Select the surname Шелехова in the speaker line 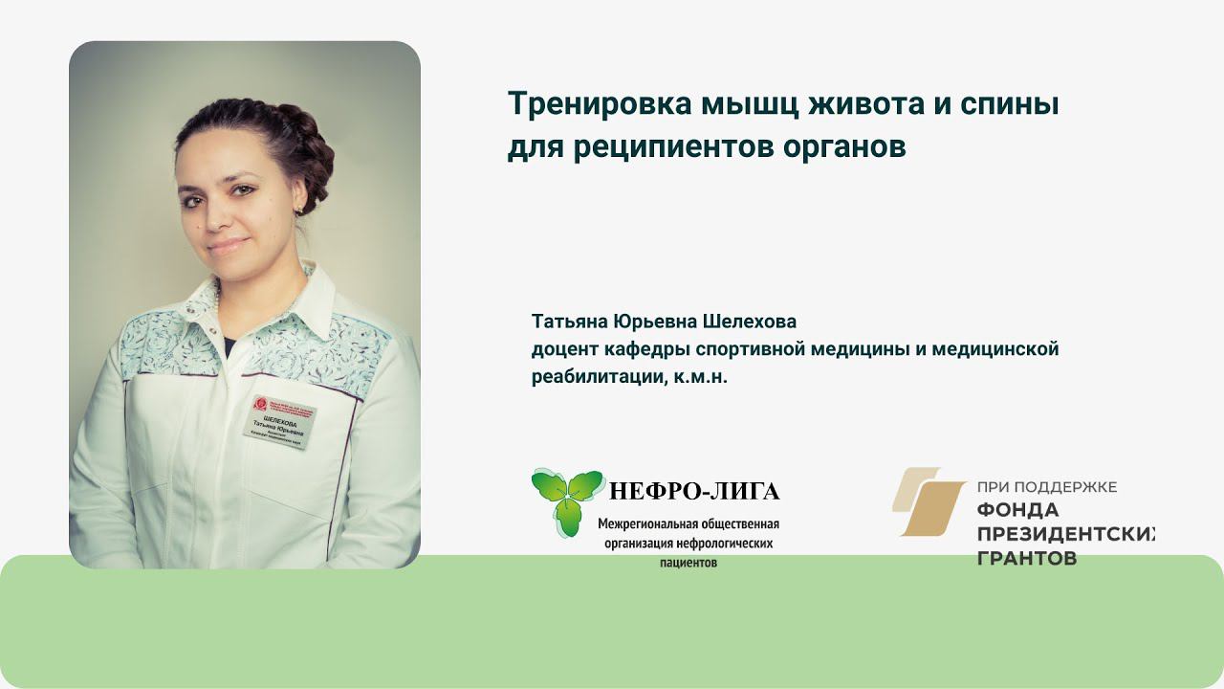coord(750,321)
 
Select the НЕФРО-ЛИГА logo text coord(694,492)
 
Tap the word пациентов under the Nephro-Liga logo coord(688,564)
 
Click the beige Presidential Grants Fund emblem coord(929,501)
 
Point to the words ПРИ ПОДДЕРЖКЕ coord(1046,488)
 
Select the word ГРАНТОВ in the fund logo coord(1026,558)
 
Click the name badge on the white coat coord(277,423)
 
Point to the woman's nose coord(218,215)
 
